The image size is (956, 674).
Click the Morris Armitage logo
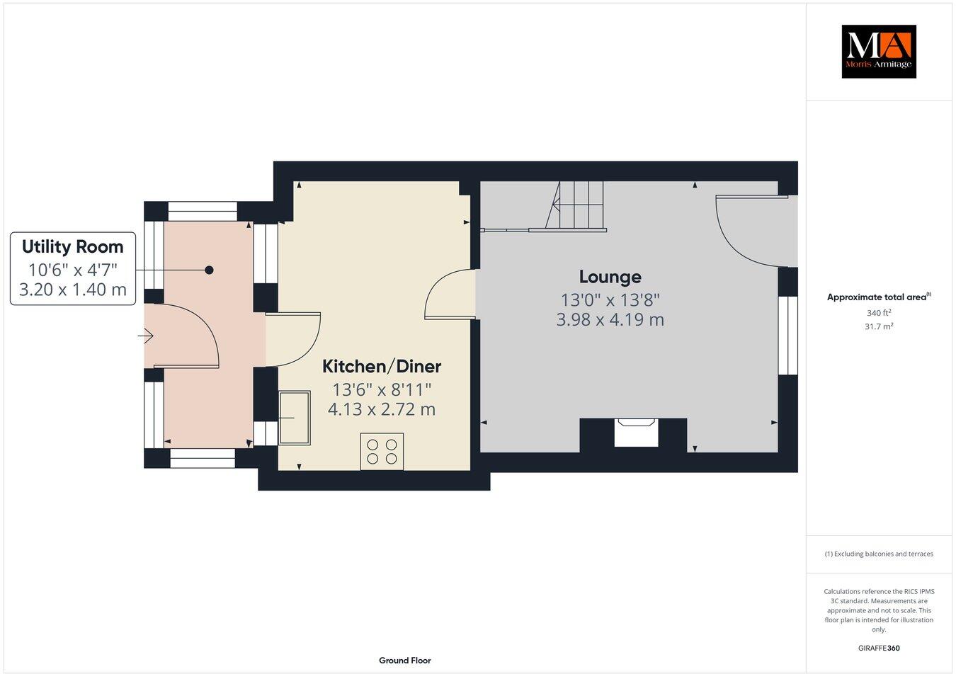pyautogui.click(x=878, y=52)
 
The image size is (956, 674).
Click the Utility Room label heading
pyautogui.click(x=72, y=246)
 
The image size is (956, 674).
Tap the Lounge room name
pyautogui.click(x=610, y=277)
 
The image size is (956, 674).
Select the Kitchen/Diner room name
pyautogui.click(x=381, y=366)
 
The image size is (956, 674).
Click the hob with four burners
pyautogui.click(x=382, y=451)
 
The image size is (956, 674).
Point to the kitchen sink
pyautogui.click(x=294, y=418)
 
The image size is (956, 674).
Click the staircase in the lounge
pyautogui.click(x=577, y=206)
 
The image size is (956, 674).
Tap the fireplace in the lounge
pyautogui.click(x=635, y=432)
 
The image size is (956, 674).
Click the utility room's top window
pyautogui.click(x=203, y=211)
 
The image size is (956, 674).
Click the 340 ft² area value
pyautogui.click(x=879, y=313)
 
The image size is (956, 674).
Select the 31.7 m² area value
pyautogui.click(x=879, y=326)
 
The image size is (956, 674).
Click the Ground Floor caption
pyautogui.click(x=404, y=661)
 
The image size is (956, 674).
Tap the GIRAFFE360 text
pyautogui.click(x=879, y=648)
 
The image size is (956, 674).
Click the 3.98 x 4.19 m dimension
pyautogui.click(x=610, y=319)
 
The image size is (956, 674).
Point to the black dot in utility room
pyautogui.click(x=209, y=270)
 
